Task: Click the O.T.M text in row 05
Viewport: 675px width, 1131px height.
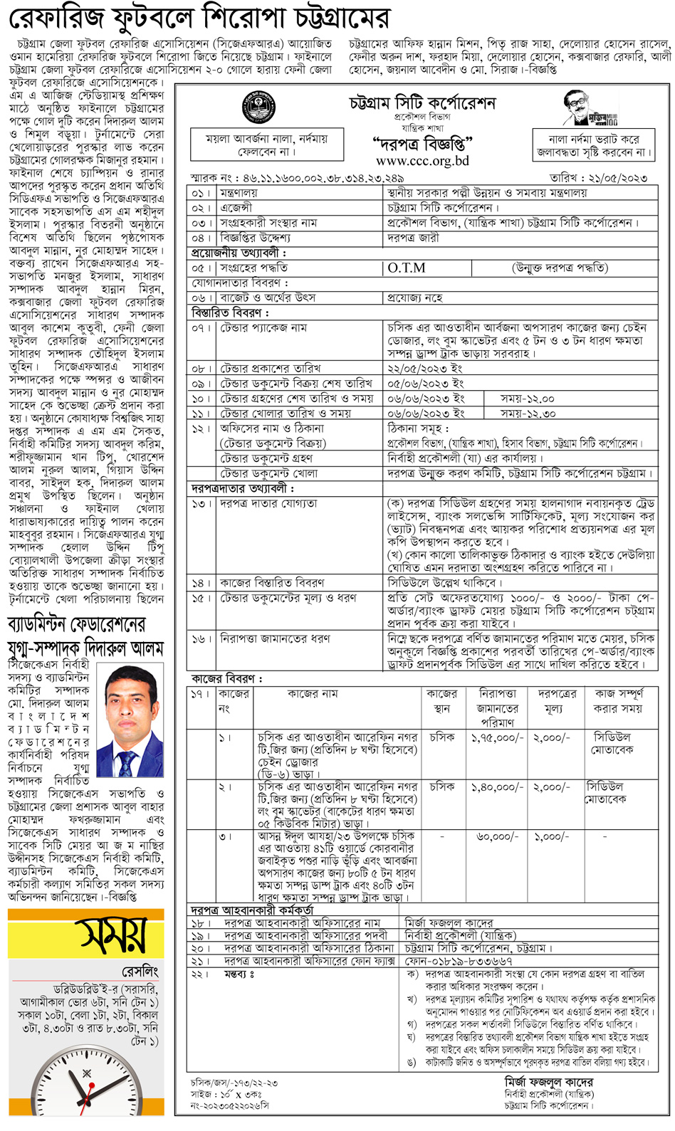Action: pos(407,268)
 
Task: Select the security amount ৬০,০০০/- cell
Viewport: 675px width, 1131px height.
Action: pos(497,837)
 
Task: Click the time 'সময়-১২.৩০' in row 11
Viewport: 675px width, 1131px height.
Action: pos(528,414)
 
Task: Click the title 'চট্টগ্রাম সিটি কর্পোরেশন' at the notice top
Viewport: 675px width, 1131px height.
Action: pos(422,104)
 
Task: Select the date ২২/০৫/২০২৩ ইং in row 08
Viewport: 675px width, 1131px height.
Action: pos(425,369)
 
